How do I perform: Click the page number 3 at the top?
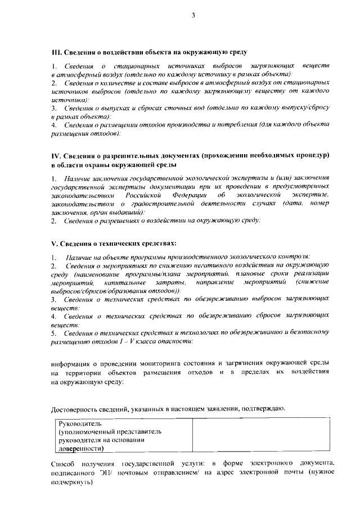(x=192, y=15)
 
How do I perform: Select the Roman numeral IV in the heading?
(x=55, y=155)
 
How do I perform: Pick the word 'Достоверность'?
(x=76, y=408)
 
